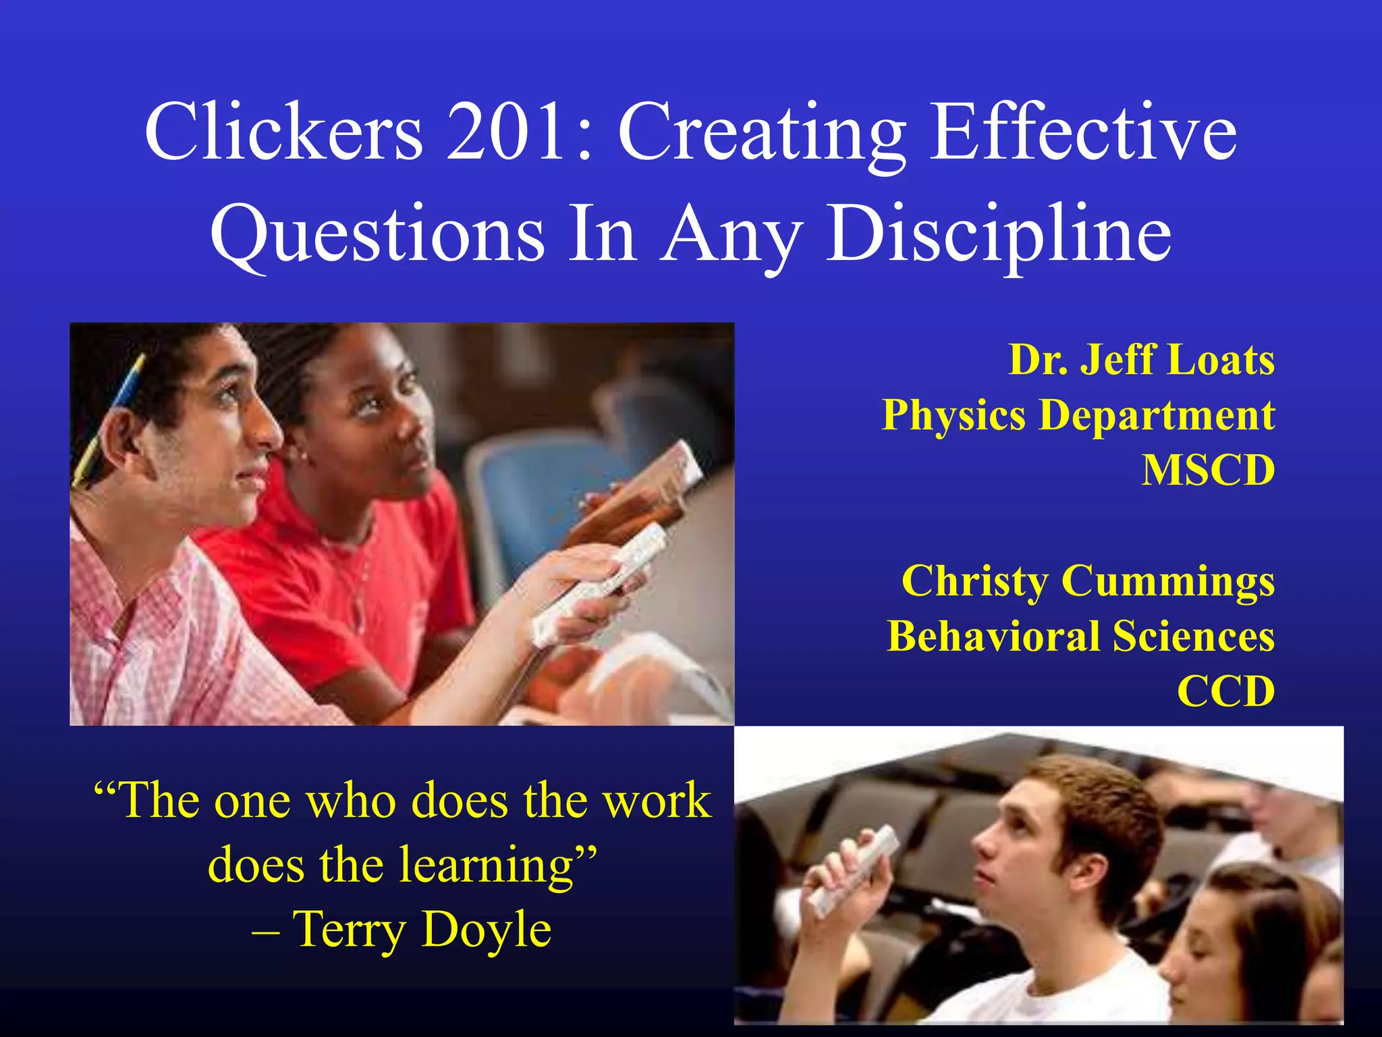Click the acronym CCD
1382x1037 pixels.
point(1226,691)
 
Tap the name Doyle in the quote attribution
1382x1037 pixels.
point(486,930)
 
